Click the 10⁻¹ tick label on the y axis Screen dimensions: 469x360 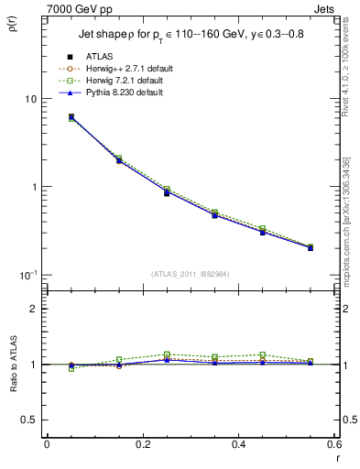pyautogui.click(x=26, y=276)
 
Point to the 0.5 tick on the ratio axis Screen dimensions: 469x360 pyautogui.click(x=28, y=420)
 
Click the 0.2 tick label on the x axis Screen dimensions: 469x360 pyautogui.click(x=142, y=444)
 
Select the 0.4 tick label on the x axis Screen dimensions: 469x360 pyautogui.click(x=238, y=444)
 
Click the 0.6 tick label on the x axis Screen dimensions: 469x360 pyautogui.click(x=333, y=444)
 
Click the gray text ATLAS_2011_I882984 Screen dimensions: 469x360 pyautogui.click(x=190, y=275)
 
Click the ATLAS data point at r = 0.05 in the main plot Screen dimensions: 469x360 pyautogui.click(x=71, y=117)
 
